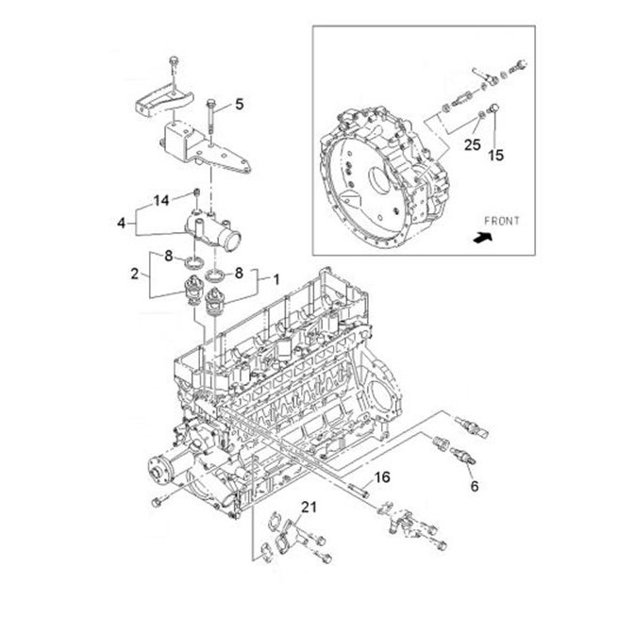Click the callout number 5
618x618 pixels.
coord(240,105)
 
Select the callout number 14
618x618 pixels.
coord(160,200)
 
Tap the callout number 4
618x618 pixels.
coord(122,223)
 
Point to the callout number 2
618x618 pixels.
coord(135,274)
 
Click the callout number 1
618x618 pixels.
coord(276,280)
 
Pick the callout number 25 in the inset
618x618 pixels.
coord(473,145)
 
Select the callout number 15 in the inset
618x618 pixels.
coord(496,155)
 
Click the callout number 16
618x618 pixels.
coord(382,477)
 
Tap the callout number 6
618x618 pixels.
coord(475,486)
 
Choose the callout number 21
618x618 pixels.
coord(309,508)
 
